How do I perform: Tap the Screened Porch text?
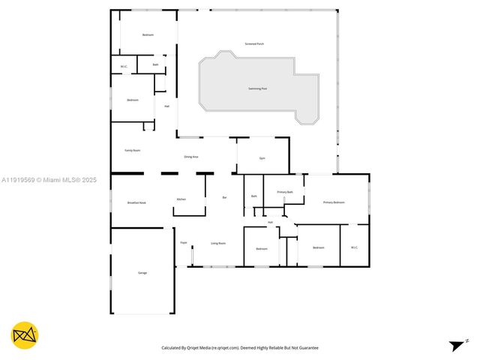254,43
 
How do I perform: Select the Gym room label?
262,158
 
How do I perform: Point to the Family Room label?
132,151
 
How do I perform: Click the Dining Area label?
191,157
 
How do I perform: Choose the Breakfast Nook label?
136,203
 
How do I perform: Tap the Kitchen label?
181,199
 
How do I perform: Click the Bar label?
225,197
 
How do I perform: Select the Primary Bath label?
285,192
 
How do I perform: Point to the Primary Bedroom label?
334,202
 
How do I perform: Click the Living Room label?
218,243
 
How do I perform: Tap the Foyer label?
183,243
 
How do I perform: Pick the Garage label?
142,272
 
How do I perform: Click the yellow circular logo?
25,335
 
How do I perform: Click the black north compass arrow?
456,346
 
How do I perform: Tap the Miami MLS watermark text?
49,180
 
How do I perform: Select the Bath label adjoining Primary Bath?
254,196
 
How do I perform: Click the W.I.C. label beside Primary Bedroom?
354,247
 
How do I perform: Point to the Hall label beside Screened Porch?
166,106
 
